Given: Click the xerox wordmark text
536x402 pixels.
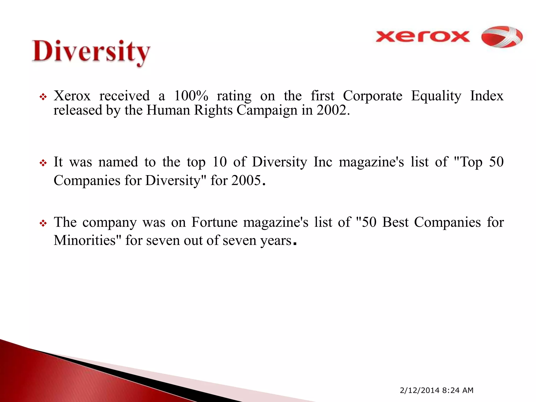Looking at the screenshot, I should coord(422,36).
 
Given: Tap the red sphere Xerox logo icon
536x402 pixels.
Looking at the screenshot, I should coord(502,37).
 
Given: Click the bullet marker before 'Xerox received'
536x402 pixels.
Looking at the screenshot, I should coord(43,97).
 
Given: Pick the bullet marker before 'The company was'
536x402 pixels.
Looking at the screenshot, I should coord(43,224).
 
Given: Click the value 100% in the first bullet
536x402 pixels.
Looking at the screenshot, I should coord(191,96).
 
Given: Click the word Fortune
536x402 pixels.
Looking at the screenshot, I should coord(214,222).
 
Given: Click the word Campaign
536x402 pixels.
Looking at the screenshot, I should coord(267,110).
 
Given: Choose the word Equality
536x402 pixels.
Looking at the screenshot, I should coord(436,96).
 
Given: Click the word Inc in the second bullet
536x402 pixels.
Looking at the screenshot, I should coord(323,162).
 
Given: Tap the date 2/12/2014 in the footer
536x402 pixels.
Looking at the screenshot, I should coord(420,390).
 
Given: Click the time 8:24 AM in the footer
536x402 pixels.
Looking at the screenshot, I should coord(458,390).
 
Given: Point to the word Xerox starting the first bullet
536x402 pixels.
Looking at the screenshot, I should coord(72,96).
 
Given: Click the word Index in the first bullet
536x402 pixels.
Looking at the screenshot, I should coord(487,96).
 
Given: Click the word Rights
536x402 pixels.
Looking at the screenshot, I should coord(213,110).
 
